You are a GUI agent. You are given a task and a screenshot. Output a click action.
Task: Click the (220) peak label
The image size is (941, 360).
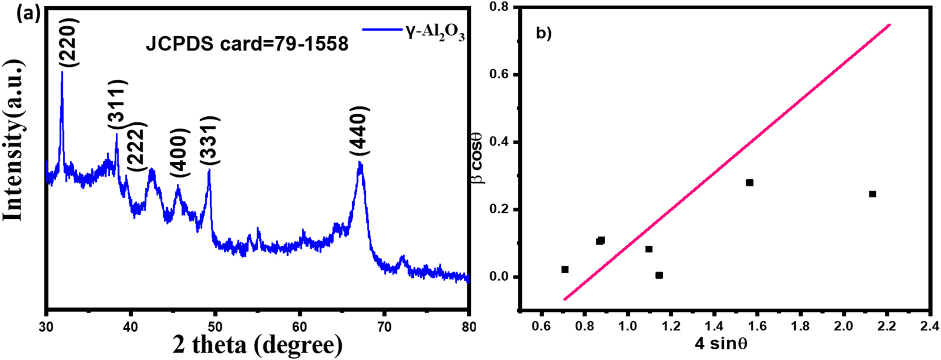[72, 43]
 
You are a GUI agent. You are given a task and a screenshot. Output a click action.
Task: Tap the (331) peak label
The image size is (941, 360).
[209, 140]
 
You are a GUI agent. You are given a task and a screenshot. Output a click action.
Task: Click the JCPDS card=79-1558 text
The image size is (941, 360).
[247, 44]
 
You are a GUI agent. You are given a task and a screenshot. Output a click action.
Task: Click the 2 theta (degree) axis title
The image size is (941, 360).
[258, 344]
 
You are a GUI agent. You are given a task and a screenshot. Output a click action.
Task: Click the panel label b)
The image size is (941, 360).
[543, 33]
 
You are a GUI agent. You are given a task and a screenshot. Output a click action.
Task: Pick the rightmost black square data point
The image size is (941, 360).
[872, 194]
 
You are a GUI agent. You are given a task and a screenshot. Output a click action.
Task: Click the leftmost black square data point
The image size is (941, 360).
[565, 269]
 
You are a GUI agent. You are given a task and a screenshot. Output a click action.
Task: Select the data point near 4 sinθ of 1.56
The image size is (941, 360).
[749, 183]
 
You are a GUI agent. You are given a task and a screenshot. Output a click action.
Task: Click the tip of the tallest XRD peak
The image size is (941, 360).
[62, 72]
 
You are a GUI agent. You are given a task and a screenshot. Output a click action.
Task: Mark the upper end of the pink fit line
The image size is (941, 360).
[890, 24]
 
